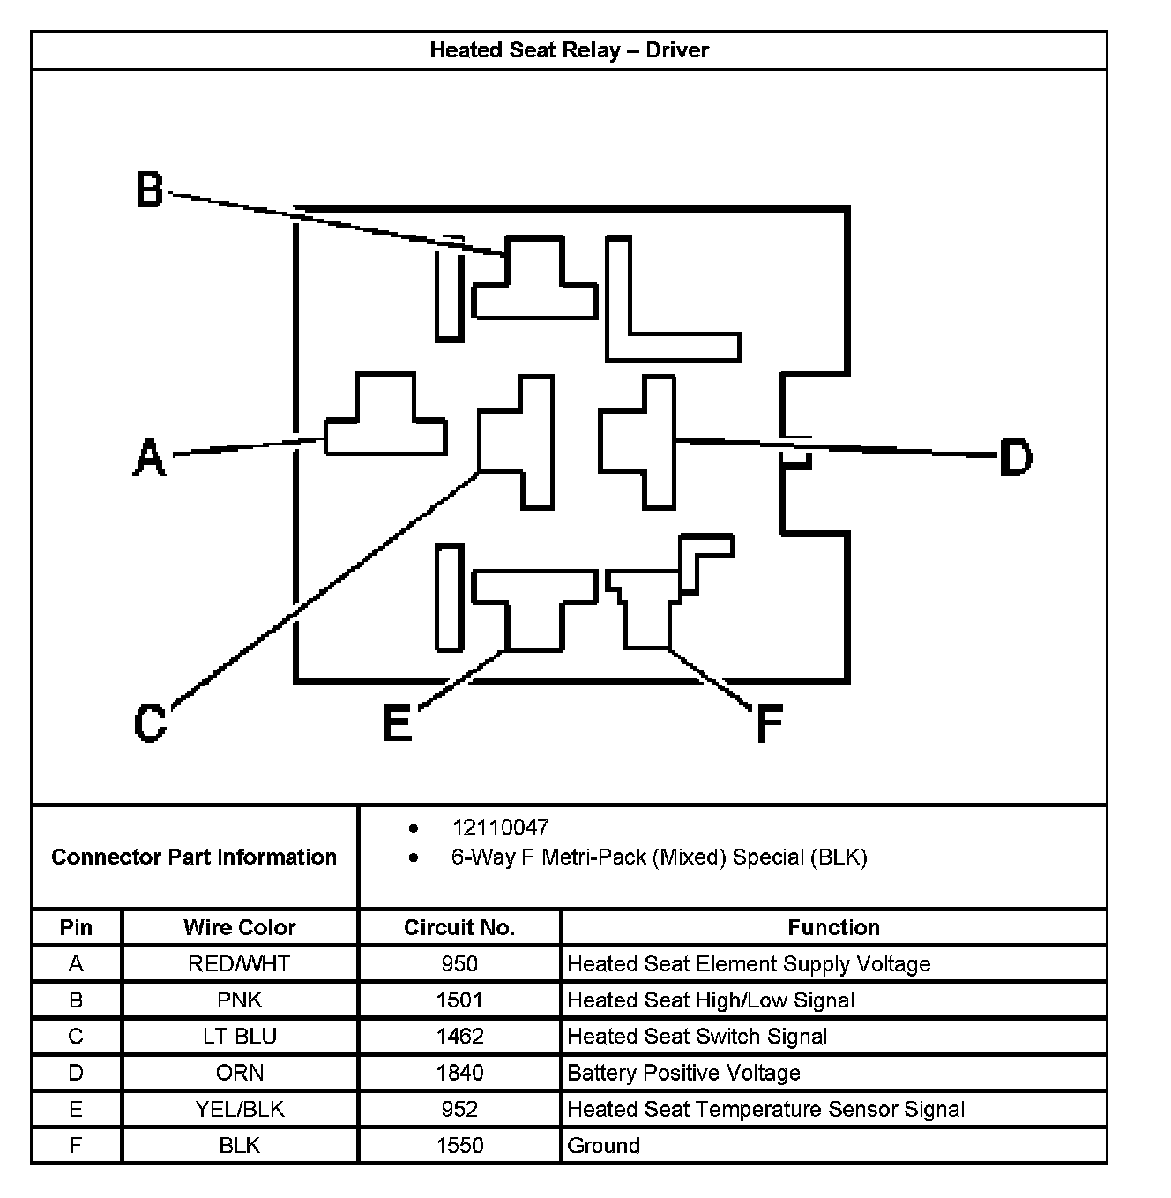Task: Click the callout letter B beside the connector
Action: [x=150, y=190]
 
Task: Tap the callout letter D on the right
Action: [x=1015, y=458]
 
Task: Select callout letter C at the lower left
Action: [x=150, y=723]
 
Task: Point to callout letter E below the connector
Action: [x=398, y=724]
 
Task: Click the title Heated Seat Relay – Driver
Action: [x=569, y=50]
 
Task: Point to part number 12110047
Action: [x=500, y=827]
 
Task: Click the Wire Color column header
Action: [x=240, y=927]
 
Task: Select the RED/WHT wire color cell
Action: [x=239, y=963]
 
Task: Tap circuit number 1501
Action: [x=459, y=1000]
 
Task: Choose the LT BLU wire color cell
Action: [x=240, y=1036]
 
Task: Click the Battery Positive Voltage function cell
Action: [x=684, y=1073]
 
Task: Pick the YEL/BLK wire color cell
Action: [x=240, y=1109]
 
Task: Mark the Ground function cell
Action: [x=604, y=1145]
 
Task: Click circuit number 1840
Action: [x=459, y=1073]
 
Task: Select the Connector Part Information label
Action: [x=194, y=857]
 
